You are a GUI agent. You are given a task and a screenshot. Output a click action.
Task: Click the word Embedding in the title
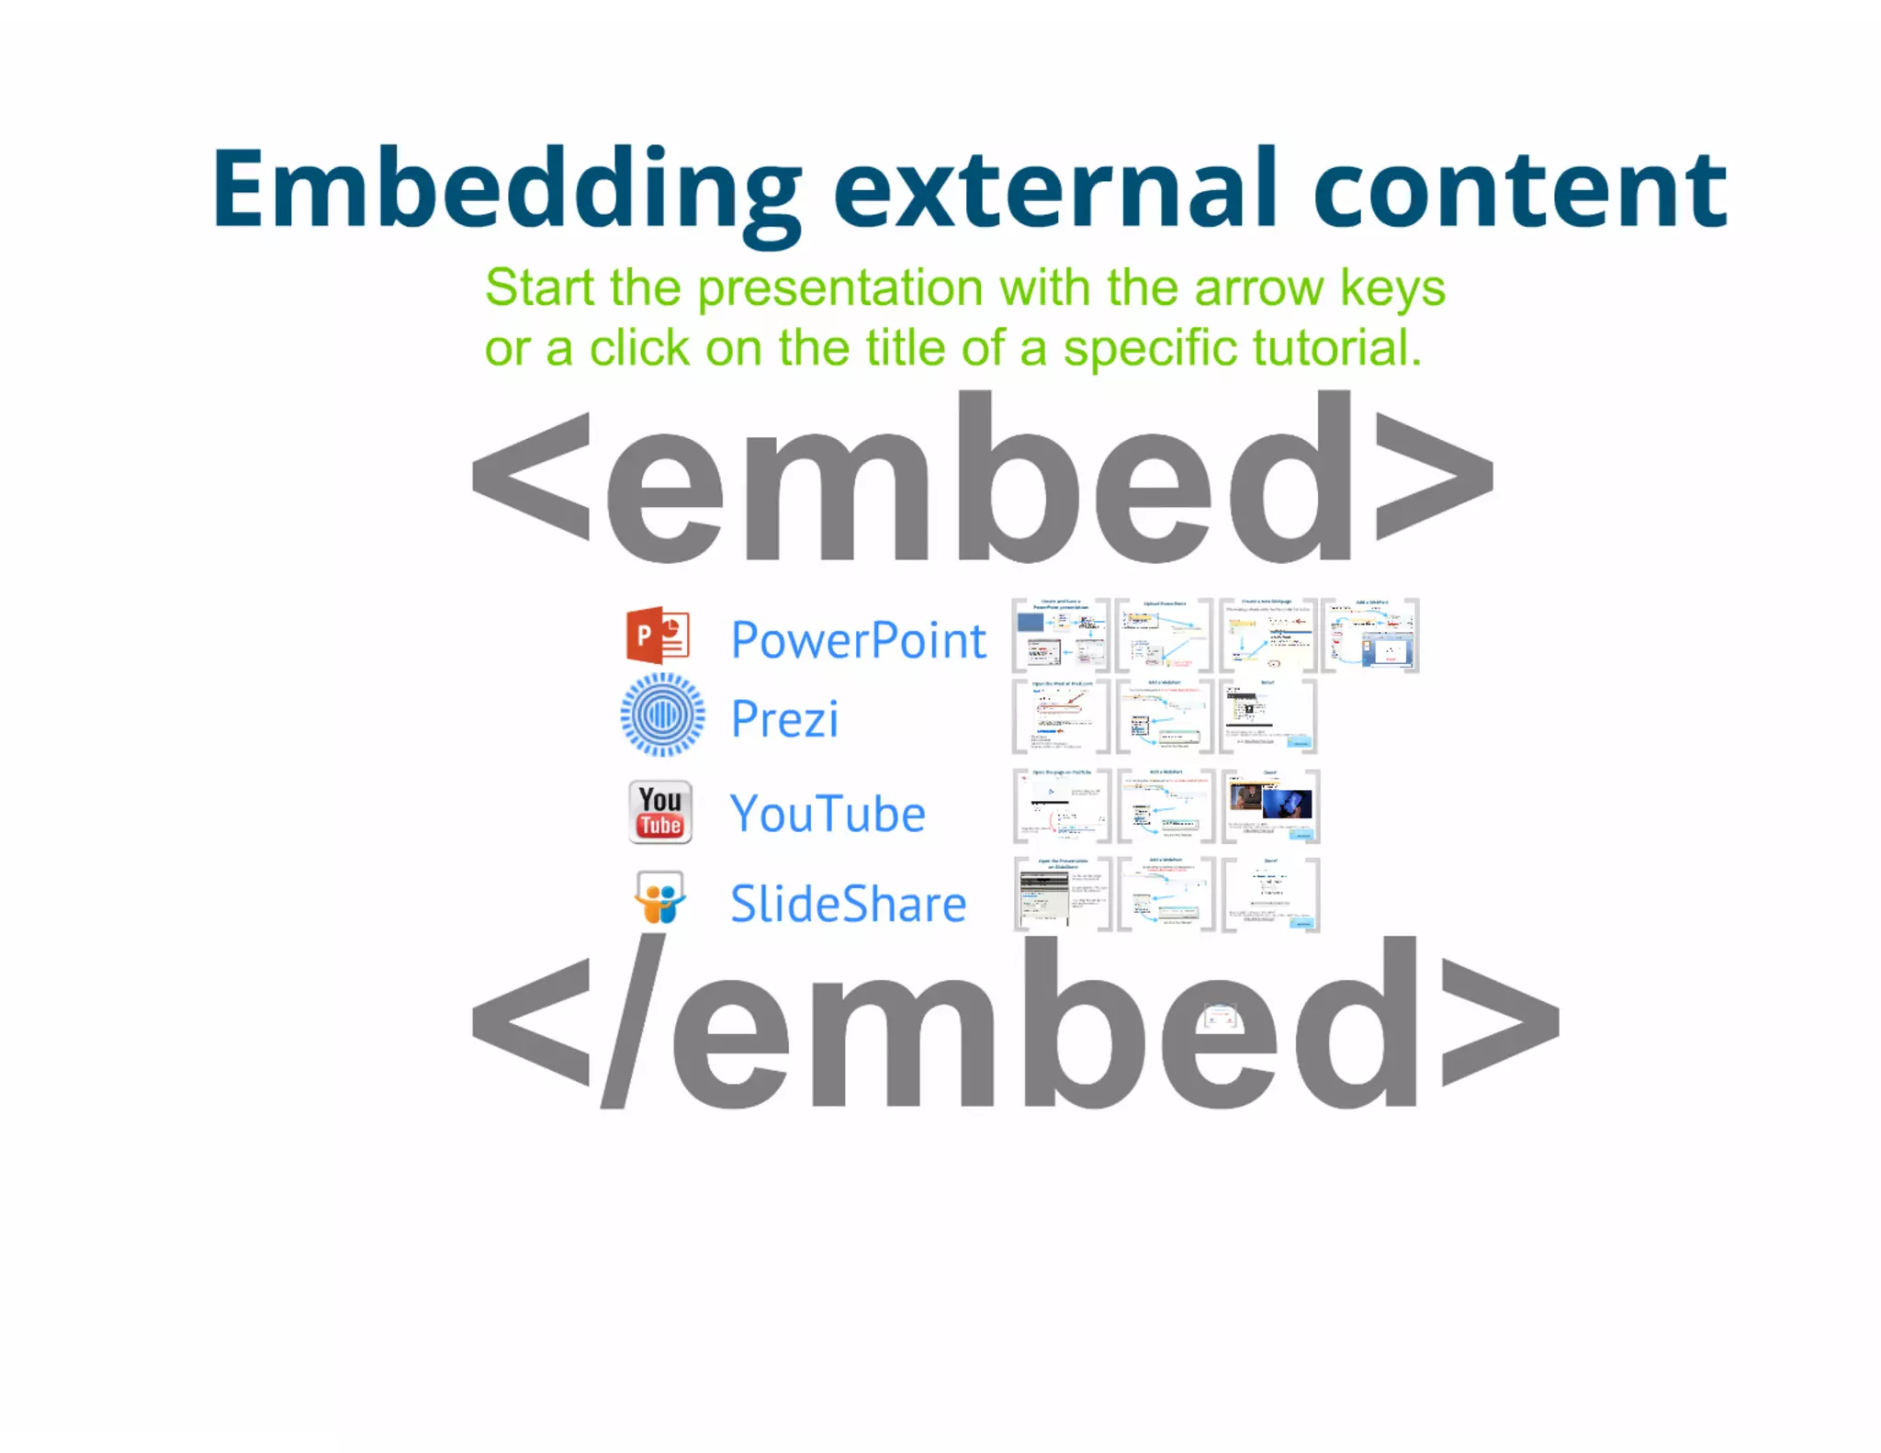505,190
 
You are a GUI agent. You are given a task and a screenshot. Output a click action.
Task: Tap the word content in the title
1520,190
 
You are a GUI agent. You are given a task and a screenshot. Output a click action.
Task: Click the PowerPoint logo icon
658,636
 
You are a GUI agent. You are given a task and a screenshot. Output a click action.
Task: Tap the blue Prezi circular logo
662,715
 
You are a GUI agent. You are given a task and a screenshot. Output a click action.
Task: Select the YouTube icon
659,813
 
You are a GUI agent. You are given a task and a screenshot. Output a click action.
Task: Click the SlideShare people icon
659,898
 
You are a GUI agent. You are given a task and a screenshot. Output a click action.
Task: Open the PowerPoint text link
858,640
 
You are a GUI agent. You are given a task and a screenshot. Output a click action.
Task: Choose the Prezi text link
784,719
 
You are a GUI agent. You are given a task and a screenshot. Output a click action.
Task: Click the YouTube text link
828,815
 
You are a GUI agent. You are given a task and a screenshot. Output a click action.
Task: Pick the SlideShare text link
848,905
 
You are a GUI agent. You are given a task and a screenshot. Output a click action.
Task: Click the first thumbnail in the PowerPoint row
1061,636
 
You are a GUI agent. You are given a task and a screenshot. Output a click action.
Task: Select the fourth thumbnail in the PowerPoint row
1369,636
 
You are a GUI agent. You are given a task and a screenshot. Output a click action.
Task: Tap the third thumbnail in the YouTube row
1270,806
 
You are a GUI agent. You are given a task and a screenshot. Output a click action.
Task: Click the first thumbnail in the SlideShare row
1062,895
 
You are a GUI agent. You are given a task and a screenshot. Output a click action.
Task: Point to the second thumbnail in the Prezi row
1165,716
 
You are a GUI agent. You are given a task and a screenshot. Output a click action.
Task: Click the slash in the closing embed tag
633,1021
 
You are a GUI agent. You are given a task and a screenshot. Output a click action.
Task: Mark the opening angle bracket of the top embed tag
531,476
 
